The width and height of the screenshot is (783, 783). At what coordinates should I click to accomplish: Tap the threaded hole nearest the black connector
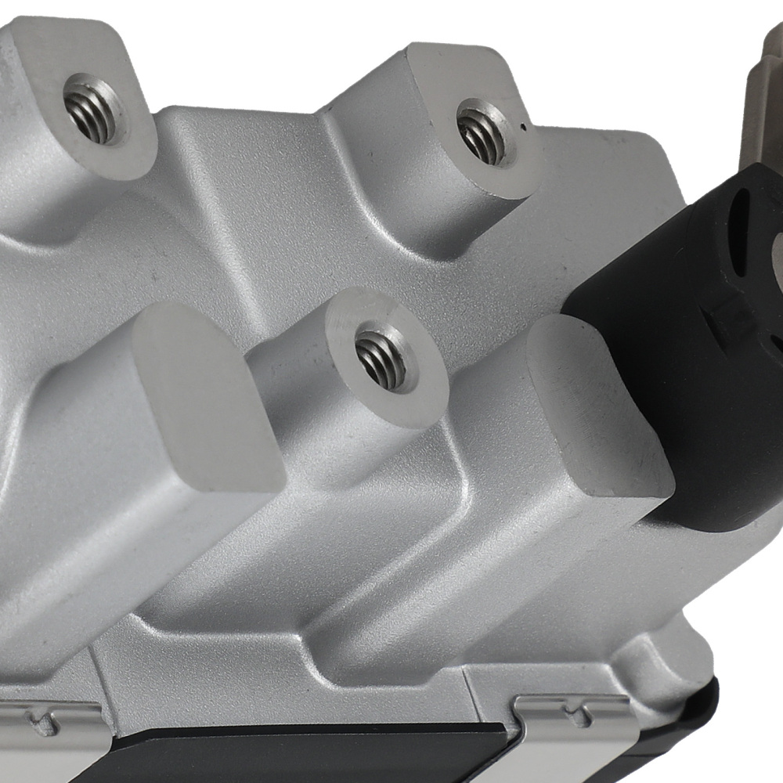click(x=482, y=134)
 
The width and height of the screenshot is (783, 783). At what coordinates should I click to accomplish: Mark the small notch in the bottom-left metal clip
click(x=51, y=713)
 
